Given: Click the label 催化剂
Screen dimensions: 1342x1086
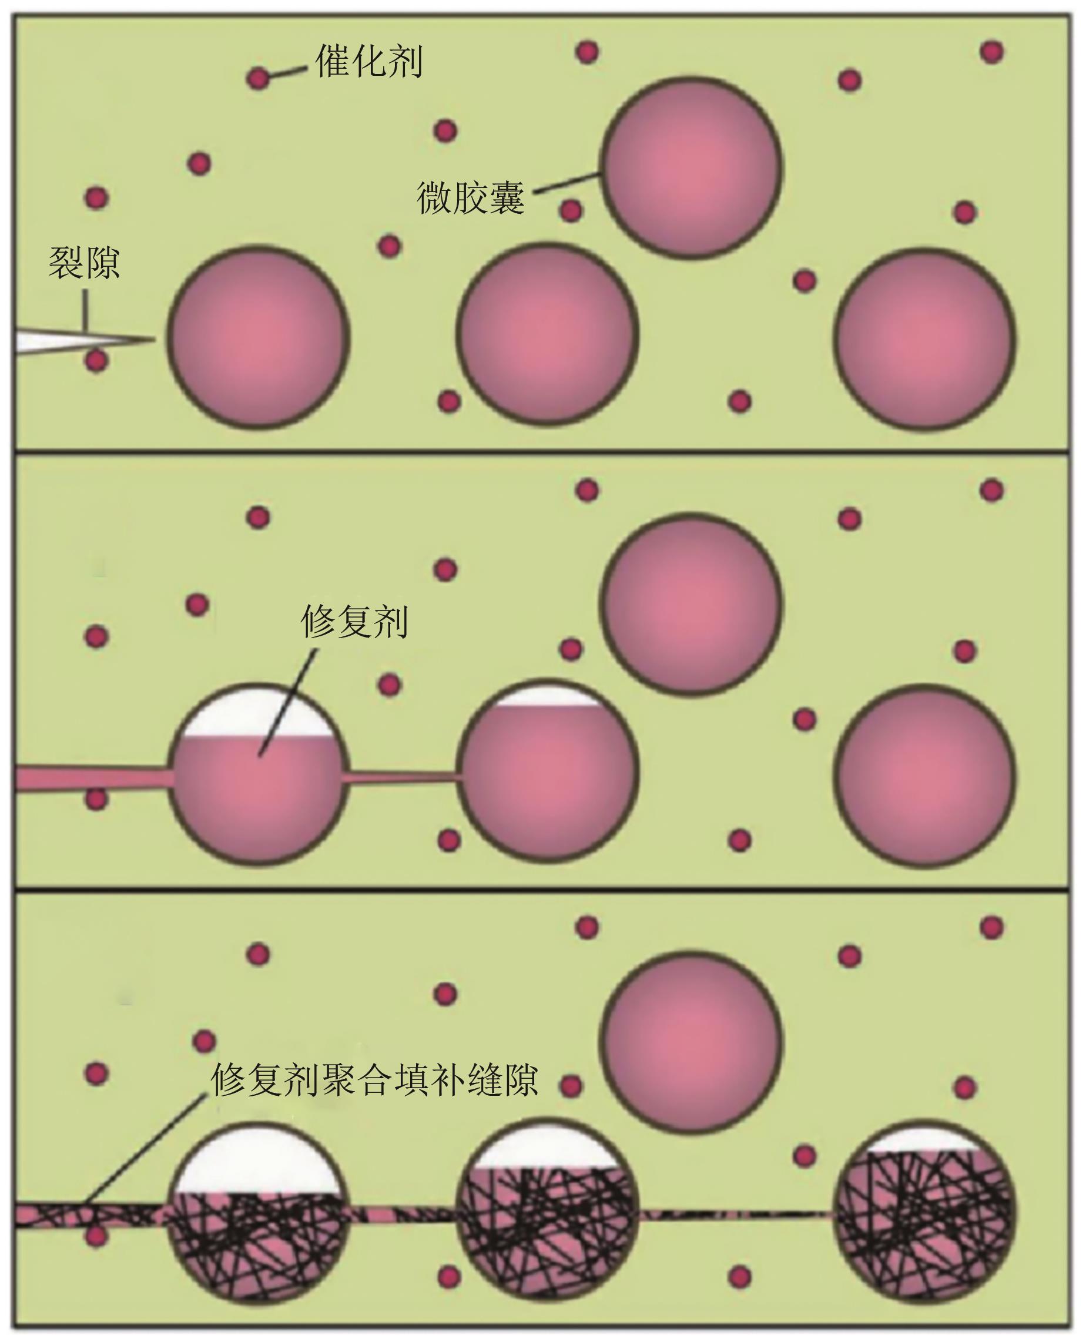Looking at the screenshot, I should [x=369, y=61].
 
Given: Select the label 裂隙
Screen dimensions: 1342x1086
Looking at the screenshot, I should [x=84, y=263].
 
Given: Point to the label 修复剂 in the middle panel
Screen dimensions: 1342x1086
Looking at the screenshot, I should [x=354, y=621].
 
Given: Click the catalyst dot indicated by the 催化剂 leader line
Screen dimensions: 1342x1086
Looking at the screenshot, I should [x=258, y=79].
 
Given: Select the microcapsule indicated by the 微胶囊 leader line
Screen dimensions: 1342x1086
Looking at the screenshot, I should [x=691, y=167].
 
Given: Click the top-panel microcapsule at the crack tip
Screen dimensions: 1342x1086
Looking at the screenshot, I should [x=258, y=337].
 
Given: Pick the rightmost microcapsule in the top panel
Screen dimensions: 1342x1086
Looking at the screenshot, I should [x=924, y=338].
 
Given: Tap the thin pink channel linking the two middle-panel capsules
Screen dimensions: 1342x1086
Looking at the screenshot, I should [x=401, y=777].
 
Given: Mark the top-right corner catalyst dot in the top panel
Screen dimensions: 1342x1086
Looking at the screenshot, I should [x=991, y=51].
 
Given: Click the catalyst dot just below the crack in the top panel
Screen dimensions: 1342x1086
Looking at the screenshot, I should [x=96, y=360].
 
